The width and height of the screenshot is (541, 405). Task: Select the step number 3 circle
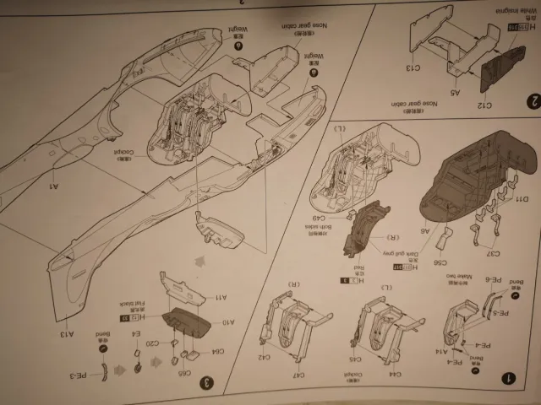click(x=205, y=382)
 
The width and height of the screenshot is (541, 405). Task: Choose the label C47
click(x=301, y=375)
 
